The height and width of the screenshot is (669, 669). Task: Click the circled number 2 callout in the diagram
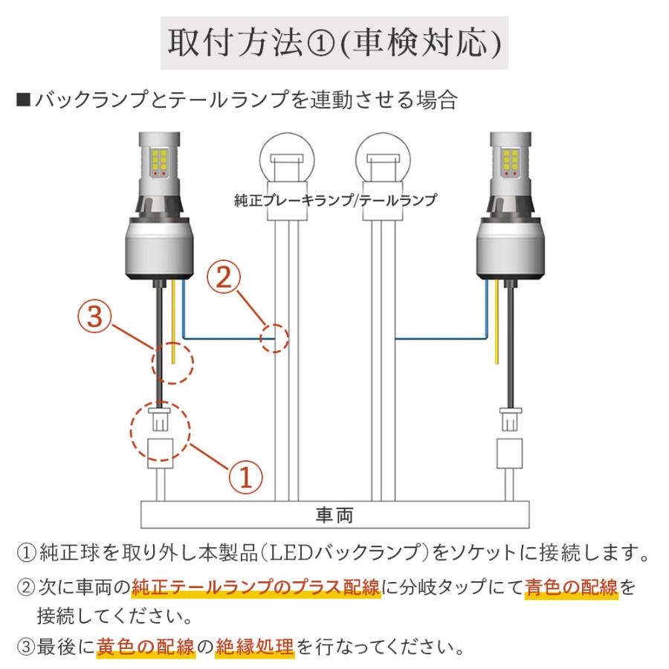(224, 279)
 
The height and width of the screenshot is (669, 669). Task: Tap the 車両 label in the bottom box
(334, 514)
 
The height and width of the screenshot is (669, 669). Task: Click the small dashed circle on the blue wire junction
(274, 339)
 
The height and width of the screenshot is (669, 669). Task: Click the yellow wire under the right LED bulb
(497, 327)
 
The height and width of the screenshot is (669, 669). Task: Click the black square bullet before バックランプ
(22, 99)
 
